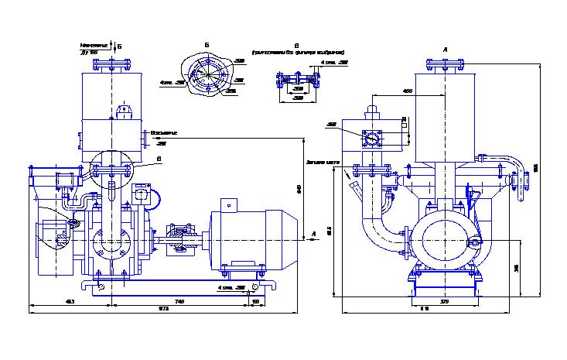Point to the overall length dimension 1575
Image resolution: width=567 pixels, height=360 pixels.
tap(163, 309)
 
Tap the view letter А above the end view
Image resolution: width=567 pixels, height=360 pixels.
tap(446, 49)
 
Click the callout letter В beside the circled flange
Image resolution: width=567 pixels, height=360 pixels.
tap(159, 159)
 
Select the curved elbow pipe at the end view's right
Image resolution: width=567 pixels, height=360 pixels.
tap(511, 165)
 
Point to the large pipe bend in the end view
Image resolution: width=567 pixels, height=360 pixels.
tap(379, 232)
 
